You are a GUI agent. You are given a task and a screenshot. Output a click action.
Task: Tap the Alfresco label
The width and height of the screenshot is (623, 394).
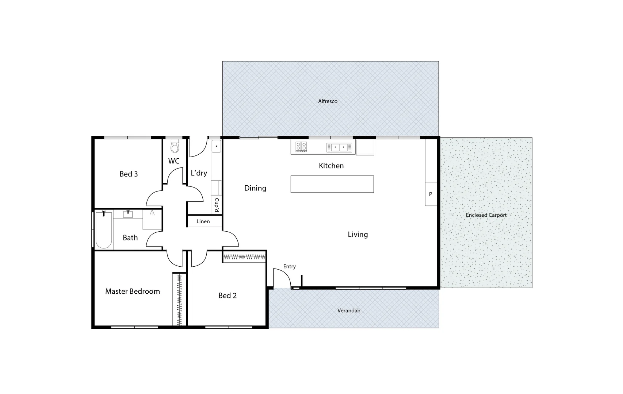328,101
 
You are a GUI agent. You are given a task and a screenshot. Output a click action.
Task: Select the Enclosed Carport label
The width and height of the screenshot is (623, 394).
486,215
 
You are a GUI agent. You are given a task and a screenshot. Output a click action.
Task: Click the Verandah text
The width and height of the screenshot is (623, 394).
349,310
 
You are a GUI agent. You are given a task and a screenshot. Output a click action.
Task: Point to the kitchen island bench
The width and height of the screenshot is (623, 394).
332,184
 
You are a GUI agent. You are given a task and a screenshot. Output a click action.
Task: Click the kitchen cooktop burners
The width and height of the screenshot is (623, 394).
301,147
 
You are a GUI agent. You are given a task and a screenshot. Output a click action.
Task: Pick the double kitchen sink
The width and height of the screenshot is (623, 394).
339,147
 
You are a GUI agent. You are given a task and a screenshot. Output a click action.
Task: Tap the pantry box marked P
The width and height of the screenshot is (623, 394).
431,194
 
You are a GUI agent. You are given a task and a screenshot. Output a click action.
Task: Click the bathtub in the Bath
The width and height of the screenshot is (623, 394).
104,230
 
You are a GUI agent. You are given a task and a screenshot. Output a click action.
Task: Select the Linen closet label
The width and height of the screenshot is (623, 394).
203,221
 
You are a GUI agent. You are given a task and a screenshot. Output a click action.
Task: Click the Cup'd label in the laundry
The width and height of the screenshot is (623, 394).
217,205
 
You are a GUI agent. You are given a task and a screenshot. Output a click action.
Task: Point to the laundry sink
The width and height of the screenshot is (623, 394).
216,146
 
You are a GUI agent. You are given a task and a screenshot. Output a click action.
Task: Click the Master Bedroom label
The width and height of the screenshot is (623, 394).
133,291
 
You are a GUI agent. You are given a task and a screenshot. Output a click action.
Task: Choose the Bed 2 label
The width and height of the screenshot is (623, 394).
228,295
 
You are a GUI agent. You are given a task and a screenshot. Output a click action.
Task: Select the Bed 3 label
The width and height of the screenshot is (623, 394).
129,174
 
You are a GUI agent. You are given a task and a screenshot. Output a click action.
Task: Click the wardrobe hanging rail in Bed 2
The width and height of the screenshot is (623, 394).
244,257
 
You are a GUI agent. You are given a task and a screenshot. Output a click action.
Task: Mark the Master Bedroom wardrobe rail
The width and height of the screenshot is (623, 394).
179,299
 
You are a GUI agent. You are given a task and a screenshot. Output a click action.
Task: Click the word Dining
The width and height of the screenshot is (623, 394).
255,188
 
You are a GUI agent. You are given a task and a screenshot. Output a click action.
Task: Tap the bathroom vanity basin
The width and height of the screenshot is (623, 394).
128,214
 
